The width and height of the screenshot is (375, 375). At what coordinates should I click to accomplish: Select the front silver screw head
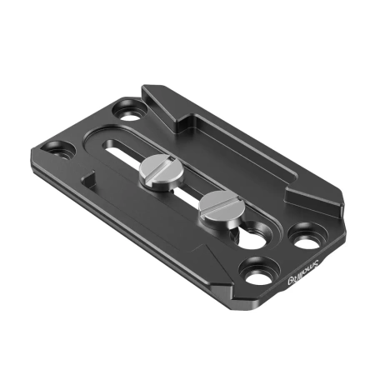pyautogui.click(x=219, y=203)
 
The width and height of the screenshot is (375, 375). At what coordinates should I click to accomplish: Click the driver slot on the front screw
pyautogui.click(x=219, y=202)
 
